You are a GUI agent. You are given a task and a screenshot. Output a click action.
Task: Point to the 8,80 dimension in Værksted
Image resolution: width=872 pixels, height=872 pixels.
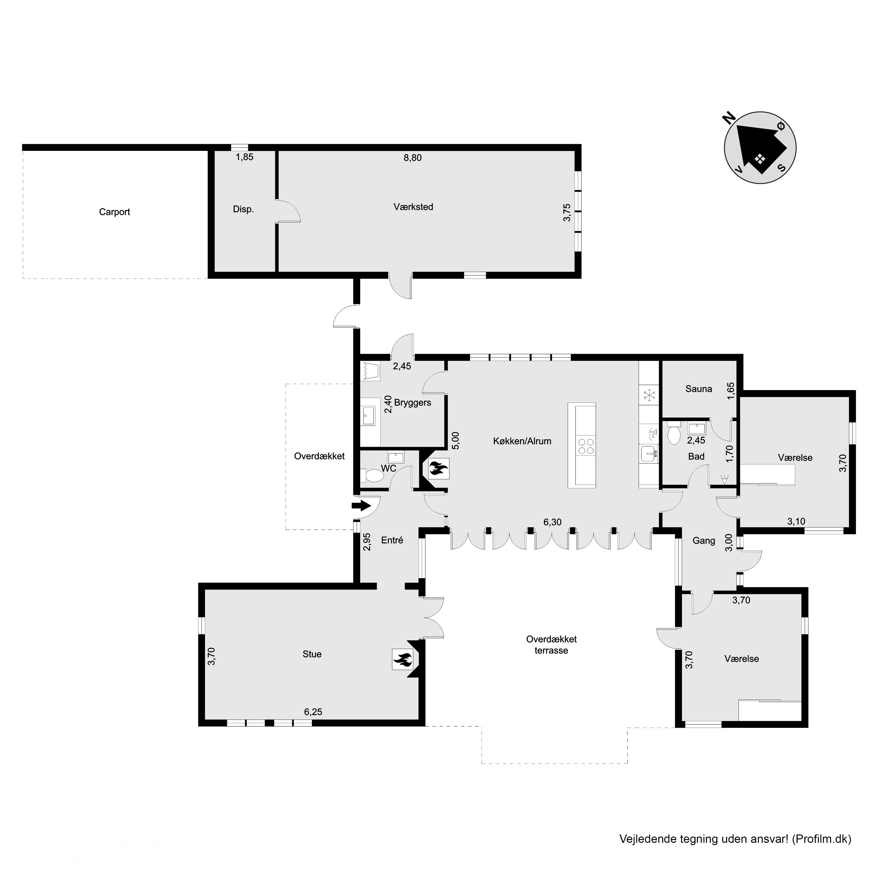coord(412,158)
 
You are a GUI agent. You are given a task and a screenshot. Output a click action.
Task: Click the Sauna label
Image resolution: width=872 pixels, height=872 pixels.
coord(699,389)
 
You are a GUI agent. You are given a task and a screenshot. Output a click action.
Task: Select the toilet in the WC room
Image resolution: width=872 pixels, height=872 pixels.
coord(371,475)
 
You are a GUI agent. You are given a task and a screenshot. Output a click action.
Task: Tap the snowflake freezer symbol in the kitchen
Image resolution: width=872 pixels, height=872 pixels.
coord(649,395)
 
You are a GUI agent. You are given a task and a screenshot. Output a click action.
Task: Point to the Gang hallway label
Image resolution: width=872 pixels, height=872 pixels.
coord(704,541)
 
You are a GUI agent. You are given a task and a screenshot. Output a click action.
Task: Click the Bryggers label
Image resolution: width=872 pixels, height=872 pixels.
coord(412,403)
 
